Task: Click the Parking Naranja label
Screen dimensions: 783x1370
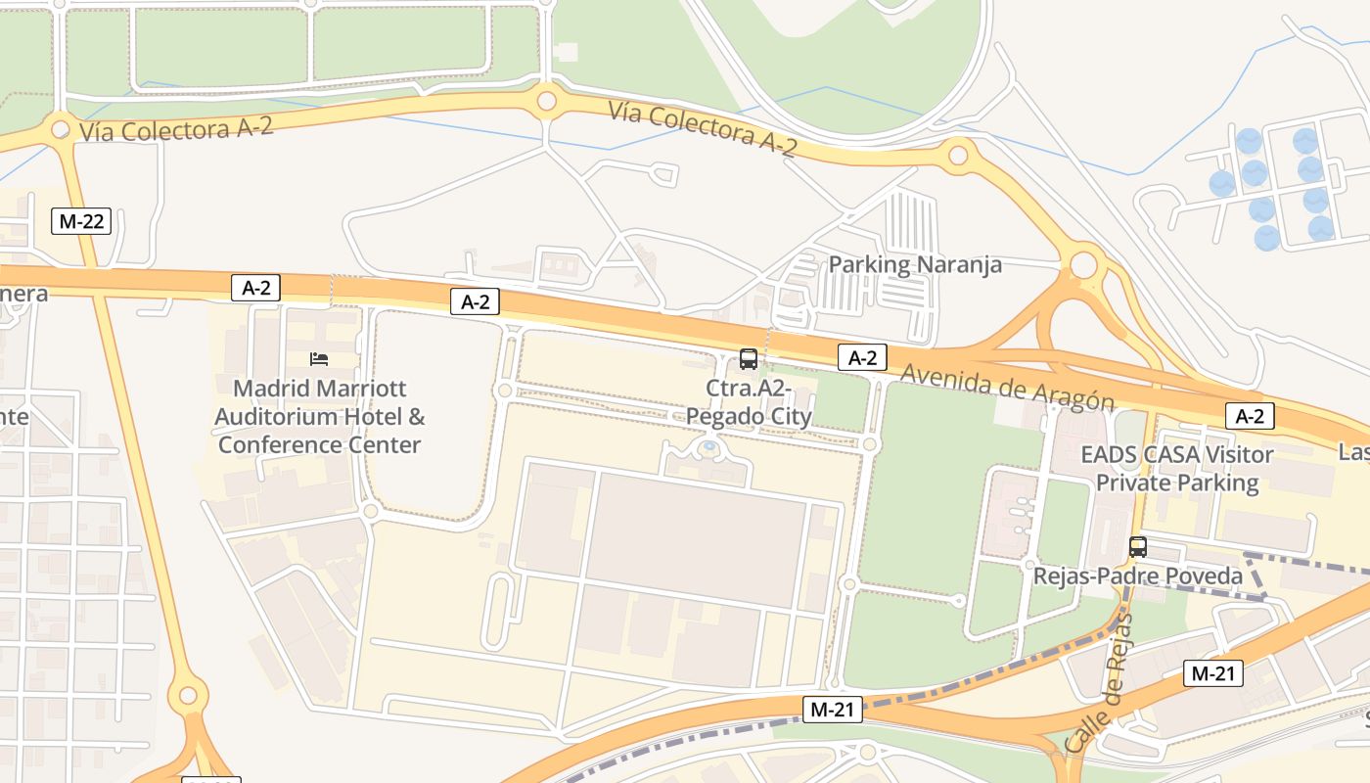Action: click(x=915, y=264)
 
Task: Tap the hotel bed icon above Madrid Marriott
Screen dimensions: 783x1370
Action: click(x=319, y=359)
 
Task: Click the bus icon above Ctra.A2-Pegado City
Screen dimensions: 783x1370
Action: click(x=749, y=359)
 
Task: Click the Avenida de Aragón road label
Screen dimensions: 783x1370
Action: click(x=1007, y=388)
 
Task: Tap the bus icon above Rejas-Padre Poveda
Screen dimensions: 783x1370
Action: click(x=1137, y=547)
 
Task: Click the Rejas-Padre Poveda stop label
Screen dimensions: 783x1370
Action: click(x=1138, y=576)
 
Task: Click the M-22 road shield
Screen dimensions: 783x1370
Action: click(x=81, y=221)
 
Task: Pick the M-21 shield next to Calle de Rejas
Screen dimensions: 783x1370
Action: click(x=1213, y=673)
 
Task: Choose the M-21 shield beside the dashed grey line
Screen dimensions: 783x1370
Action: click(x=833, y=711)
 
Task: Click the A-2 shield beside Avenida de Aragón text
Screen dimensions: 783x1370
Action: click(x=862, y=358)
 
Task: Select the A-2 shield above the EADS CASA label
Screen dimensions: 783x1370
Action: click(x=1250, y=416)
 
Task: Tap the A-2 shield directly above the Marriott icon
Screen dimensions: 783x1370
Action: click(x=255, y=288)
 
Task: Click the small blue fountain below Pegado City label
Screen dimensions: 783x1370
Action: click(x=709, y=448)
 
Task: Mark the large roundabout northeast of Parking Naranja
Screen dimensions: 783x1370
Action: click(x=1083, y=265)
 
